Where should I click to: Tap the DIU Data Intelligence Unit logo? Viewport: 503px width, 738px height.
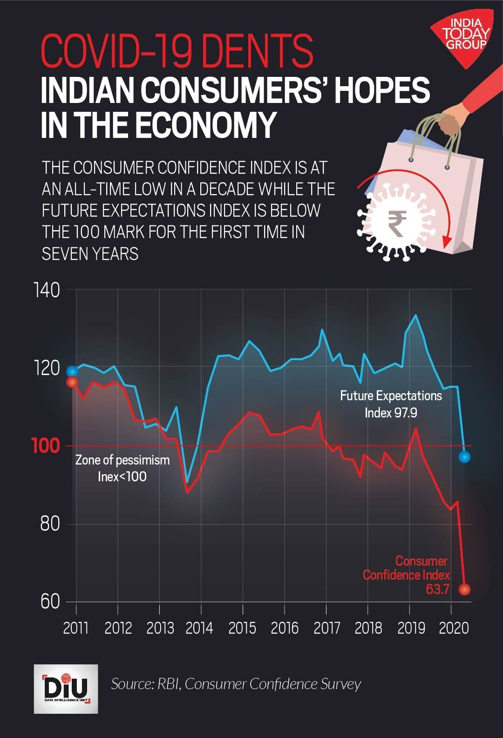pyautogui.click(x=66, y=689)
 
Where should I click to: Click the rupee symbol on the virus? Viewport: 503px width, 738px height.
pyautogui.click(x=397, y=223)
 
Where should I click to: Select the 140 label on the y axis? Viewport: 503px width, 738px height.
pyautogui.click(x=47, y=290)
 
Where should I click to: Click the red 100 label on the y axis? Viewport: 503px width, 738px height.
pyautogui.click(x=46, y=446)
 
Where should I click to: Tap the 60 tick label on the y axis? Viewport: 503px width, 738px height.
pyautogui.click(x=50, y=601)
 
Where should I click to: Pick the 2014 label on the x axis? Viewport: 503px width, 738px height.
pyautogui.click(x=199, y=628)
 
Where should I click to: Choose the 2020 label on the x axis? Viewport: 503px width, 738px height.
pyautogui.click(x=454, y=628)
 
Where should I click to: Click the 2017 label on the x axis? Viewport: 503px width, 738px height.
pyautogui.click(x=326, y=628)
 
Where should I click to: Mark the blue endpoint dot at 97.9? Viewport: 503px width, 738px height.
pyautogui.click(x=464, y=457)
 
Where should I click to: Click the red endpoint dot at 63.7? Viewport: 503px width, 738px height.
pyautogui.click(x=464, y=589)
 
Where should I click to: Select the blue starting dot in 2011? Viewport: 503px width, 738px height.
pyautogui.click(x=72, y=371)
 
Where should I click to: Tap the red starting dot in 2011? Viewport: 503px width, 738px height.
pyautogui.click(x=72, y=383)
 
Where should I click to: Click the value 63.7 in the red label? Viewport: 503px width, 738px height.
pyautogui.click(x=437, y=589)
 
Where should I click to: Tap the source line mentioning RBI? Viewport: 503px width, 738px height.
pyautogui.click(x=236, y=684)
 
